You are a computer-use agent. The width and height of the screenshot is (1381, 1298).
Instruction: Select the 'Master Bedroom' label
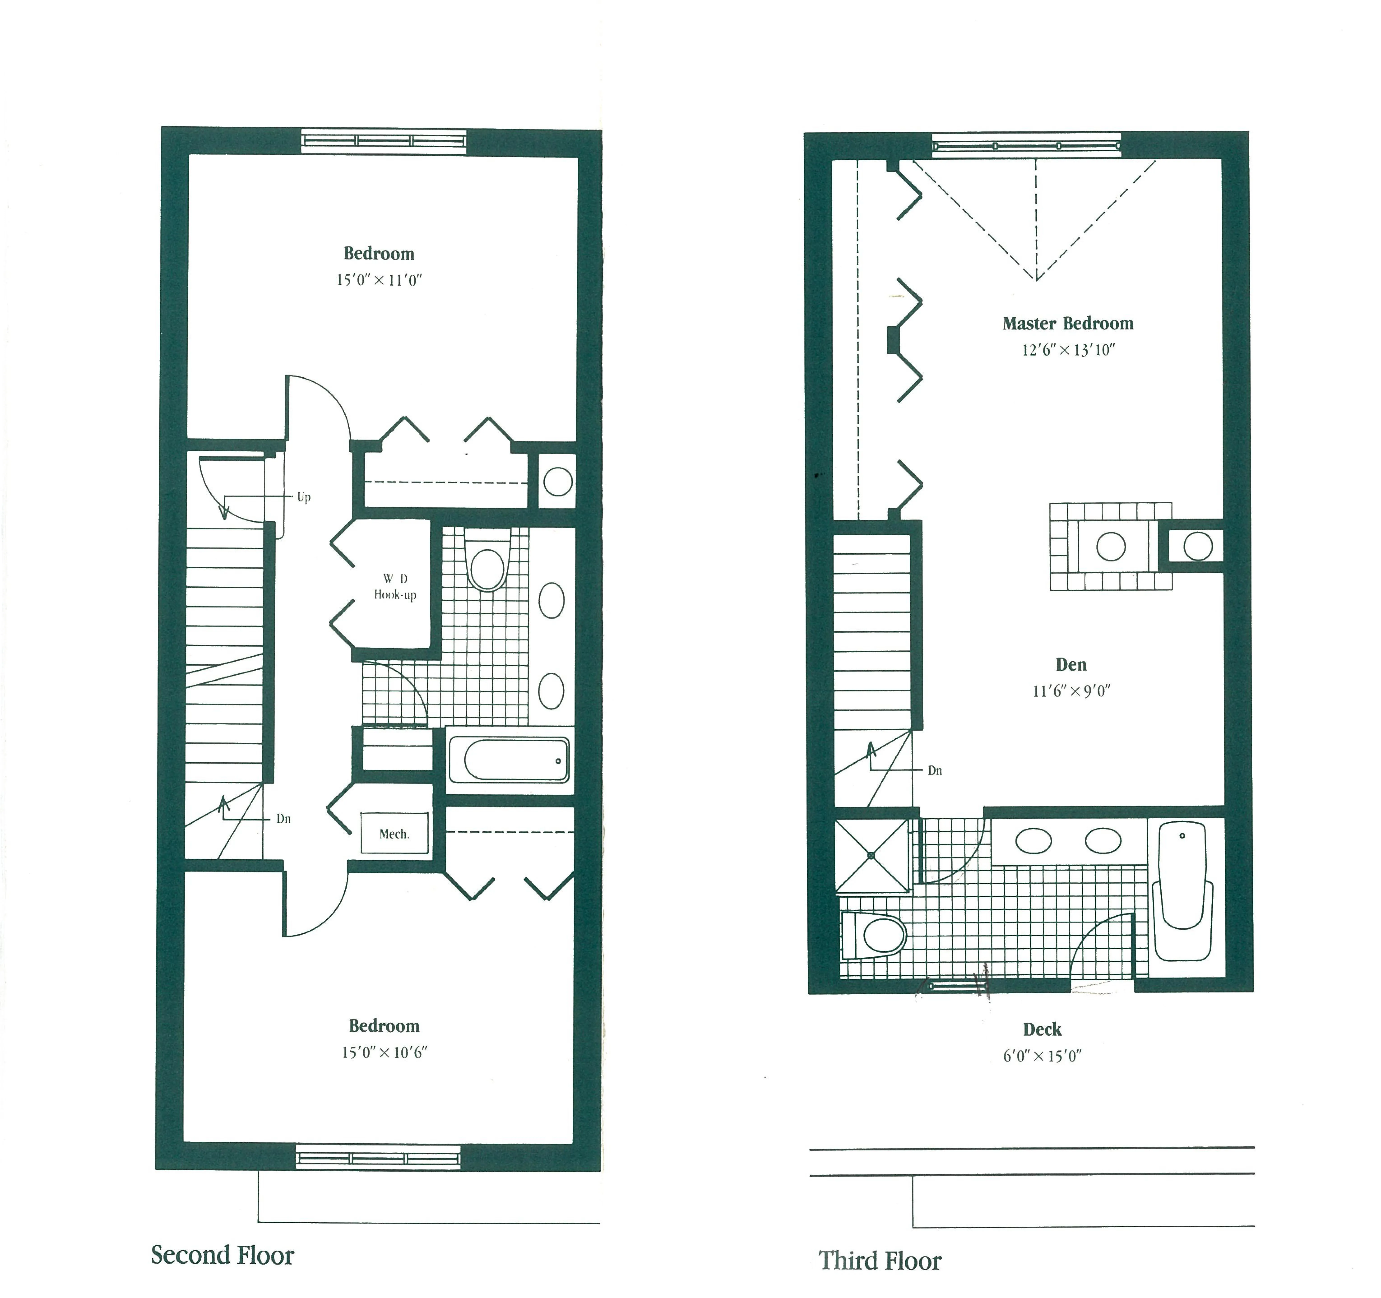tap(1068, 324)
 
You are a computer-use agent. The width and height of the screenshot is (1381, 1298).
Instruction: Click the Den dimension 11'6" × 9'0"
tap(1071, 691)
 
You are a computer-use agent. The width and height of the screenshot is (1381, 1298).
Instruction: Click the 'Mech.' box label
tap(394, 834)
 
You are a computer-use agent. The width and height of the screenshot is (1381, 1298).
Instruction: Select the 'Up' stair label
tap(304, 498)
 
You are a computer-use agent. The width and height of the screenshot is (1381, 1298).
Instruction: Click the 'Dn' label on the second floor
tap(283, 818)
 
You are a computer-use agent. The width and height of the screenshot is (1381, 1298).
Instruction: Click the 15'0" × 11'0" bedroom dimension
tap(379, 281)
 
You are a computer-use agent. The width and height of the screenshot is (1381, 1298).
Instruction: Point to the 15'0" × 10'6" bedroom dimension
tap(384, 1053)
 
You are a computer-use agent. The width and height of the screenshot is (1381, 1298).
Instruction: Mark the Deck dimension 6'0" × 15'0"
tap(1042, 1056)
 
